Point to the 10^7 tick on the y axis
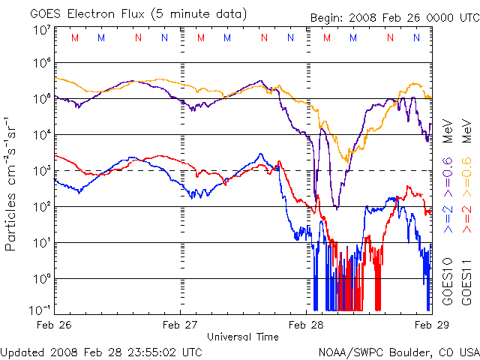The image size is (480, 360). click(42, 31)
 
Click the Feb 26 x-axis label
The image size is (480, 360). click(55, 325)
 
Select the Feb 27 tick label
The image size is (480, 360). click(180, 325)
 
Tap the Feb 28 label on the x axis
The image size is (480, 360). click(306, 325)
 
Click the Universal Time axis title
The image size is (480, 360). click(243, 337)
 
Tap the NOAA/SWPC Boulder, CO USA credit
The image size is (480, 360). click(398, 351)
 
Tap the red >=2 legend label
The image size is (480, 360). click(466, 218)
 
